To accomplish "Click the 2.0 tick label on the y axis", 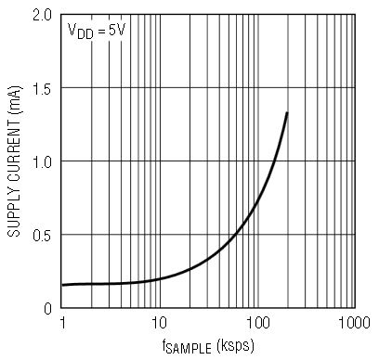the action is pos(43,15).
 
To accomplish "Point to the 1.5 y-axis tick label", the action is pos(43,88).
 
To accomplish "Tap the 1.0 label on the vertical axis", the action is pos(43,161).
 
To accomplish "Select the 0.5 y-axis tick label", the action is pos(43,235).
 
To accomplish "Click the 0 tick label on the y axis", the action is pos(47,308).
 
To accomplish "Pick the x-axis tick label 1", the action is pos(63,323).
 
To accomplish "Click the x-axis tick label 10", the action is pos(159,323).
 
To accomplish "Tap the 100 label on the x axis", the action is pos(258,323).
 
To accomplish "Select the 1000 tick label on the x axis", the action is pos(354,323).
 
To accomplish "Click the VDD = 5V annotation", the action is pos(97,32).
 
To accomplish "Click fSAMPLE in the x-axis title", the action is pos(187,346).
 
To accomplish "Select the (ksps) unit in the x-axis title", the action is pos(236,345).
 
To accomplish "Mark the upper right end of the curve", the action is pos(287,113).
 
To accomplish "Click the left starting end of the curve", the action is pos(62,285).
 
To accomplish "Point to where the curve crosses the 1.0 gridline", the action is pos(275,161).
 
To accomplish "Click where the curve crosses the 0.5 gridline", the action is pos(236,234).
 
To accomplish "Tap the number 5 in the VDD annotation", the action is pos(111,31).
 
